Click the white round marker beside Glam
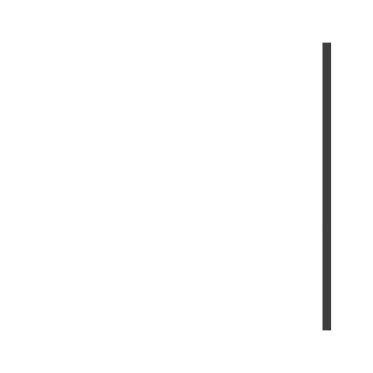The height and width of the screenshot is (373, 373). pos(187,157)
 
